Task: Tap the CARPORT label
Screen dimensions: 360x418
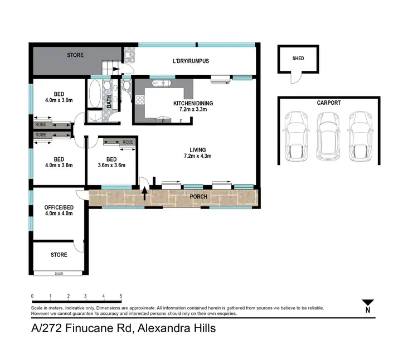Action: tap(328, 103)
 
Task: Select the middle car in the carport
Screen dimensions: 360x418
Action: tap(327, 137)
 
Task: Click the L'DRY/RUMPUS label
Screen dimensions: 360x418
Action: tap(190, 61)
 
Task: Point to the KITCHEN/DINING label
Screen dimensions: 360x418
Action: tap(193, 103)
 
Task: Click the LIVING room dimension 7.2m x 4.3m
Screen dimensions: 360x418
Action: tap(197, 157)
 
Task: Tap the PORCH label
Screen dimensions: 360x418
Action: tap(198, 197)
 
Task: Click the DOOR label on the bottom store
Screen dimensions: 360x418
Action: tap(59, 274)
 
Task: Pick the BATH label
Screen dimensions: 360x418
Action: tap(109, 102)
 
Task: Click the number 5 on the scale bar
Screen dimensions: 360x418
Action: tap(120, 296)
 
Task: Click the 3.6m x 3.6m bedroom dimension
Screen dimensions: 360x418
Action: tap(111, 165)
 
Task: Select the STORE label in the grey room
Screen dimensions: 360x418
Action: tap(75, 55)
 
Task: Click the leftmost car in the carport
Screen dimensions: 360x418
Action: tap(295, 137)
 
